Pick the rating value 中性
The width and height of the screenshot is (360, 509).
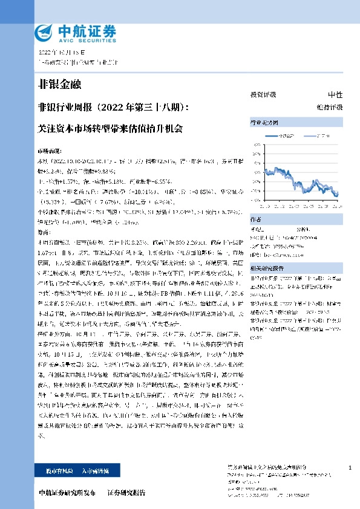click(x=335, y=95)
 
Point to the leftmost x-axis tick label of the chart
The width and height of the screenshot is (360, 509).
click(x=264, y=206)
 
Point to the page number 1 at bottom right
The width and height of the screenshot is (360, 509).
click(x=350, y=468)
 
